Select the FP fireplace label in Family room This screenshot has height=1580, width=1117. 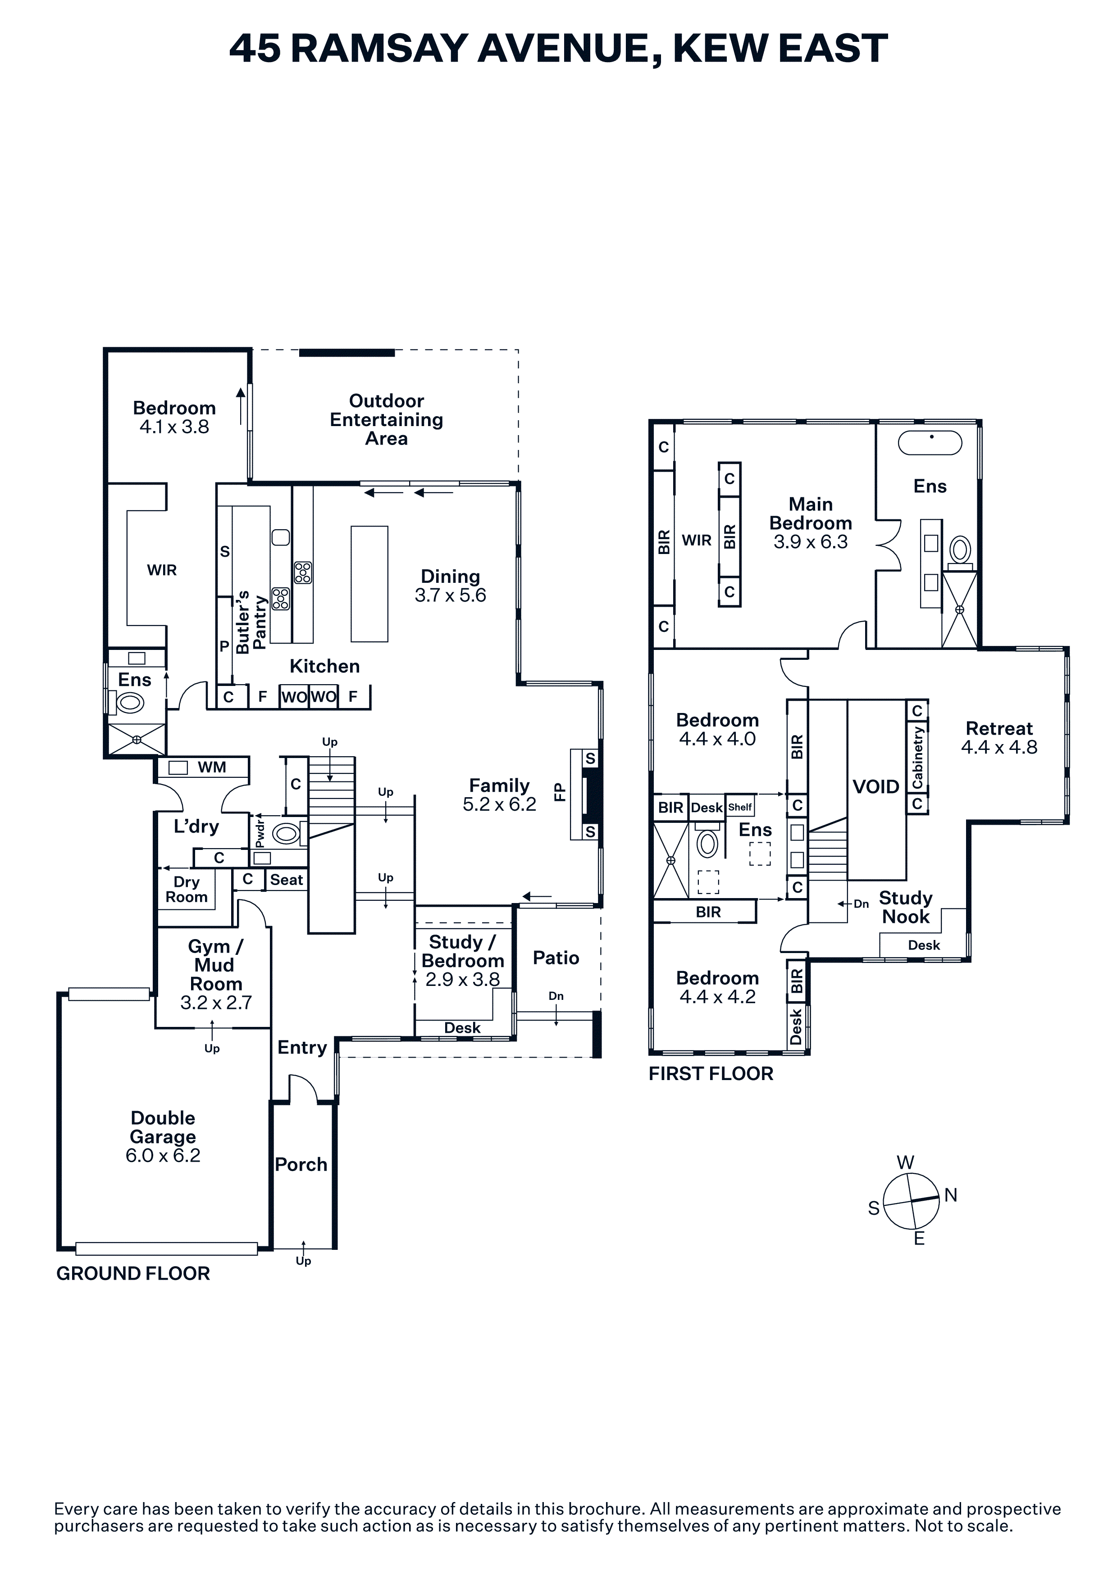coord(560,791)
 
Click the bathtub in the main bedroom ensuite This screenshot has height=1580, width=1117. coord(930,443)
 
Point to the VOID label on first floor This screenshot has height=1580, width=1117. coord(876,786)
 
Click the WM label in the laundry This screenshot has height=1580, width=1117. coord(212,767)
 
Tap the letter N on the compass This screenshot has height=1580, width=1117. coord(950,1195)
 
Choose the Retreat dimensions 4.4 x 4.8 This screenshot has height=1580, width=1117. coord(999,747)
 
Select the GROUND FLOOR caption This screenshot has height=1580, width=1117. coord(133,1274)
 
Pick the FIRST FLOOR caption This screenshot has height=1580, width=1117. coord(711,1073)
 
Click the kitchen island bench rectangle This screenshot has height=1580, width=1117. coord(369,584)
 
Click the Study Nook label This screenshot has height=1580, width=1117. coord(906,907)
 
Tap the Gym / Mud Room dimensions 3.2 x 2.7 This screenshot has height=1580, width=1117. coord(216,1003)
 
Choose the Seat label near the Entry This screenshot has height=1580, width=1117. coord(286,880)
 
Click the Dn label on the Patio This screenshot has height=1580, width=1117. coord(556,996)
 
